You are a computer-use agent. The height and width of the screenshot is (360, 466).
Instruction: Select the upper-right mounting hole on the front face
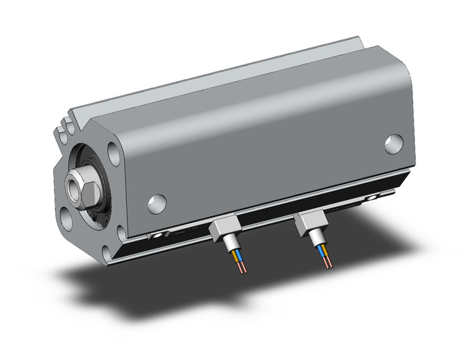(x=112, y=151)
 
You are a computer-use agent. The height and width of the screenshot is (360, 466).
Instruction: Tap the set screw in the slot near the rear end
(x=371, y=198)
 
